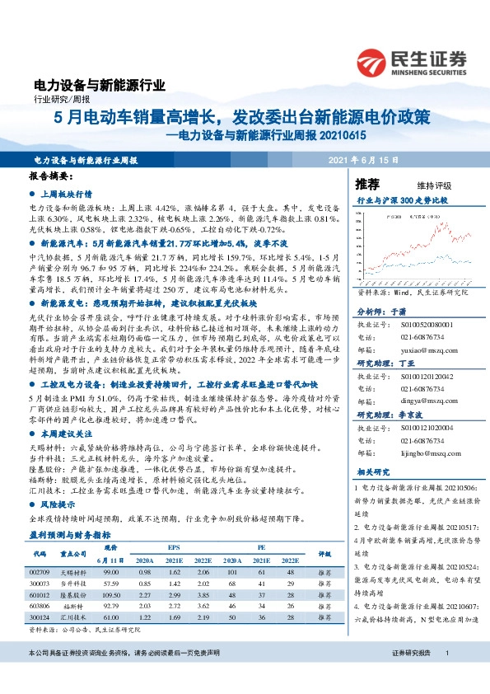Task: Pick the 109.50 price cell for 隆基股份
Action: click(110, 594)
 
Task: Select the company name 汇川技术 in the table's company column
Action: click(74, 617)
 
